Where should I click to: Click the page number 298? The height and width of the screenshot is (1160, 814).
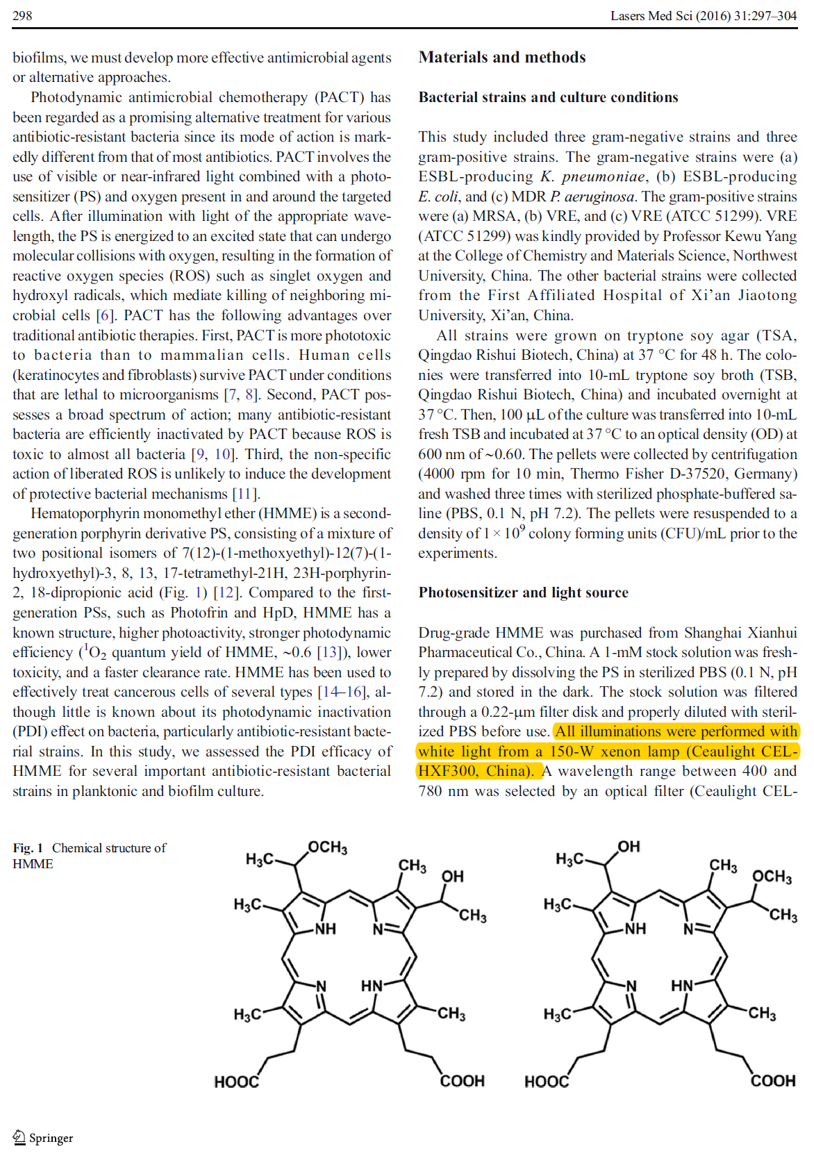point(22,15)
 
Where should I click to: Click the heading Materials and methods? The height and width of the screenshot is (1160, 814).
point(501,57)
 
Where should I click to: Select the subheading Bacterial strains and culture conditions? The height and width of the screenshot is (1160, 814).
point(547,97)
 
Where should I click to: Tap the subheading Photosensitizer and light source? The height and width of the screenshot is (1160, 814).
point(522,593)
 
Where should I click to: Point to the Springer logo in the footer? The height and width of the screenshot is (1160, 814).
point(43,1138)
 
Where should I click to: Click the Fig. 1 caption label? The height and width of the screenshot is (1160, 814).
point(28,848)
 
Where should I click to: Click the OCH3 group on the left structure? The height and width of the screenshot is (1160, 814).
point(327,847)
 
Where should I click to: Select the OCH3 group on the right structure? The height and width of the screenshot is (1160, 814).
point(772,877)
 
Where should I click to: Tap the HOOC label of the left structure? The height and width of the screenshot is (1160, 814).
point(236,1082)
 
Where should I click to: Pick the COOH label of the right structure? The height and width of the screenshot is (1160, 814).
point(772,1081)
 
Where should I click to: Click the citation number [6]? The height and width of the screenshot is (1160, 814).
point(105,315)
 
